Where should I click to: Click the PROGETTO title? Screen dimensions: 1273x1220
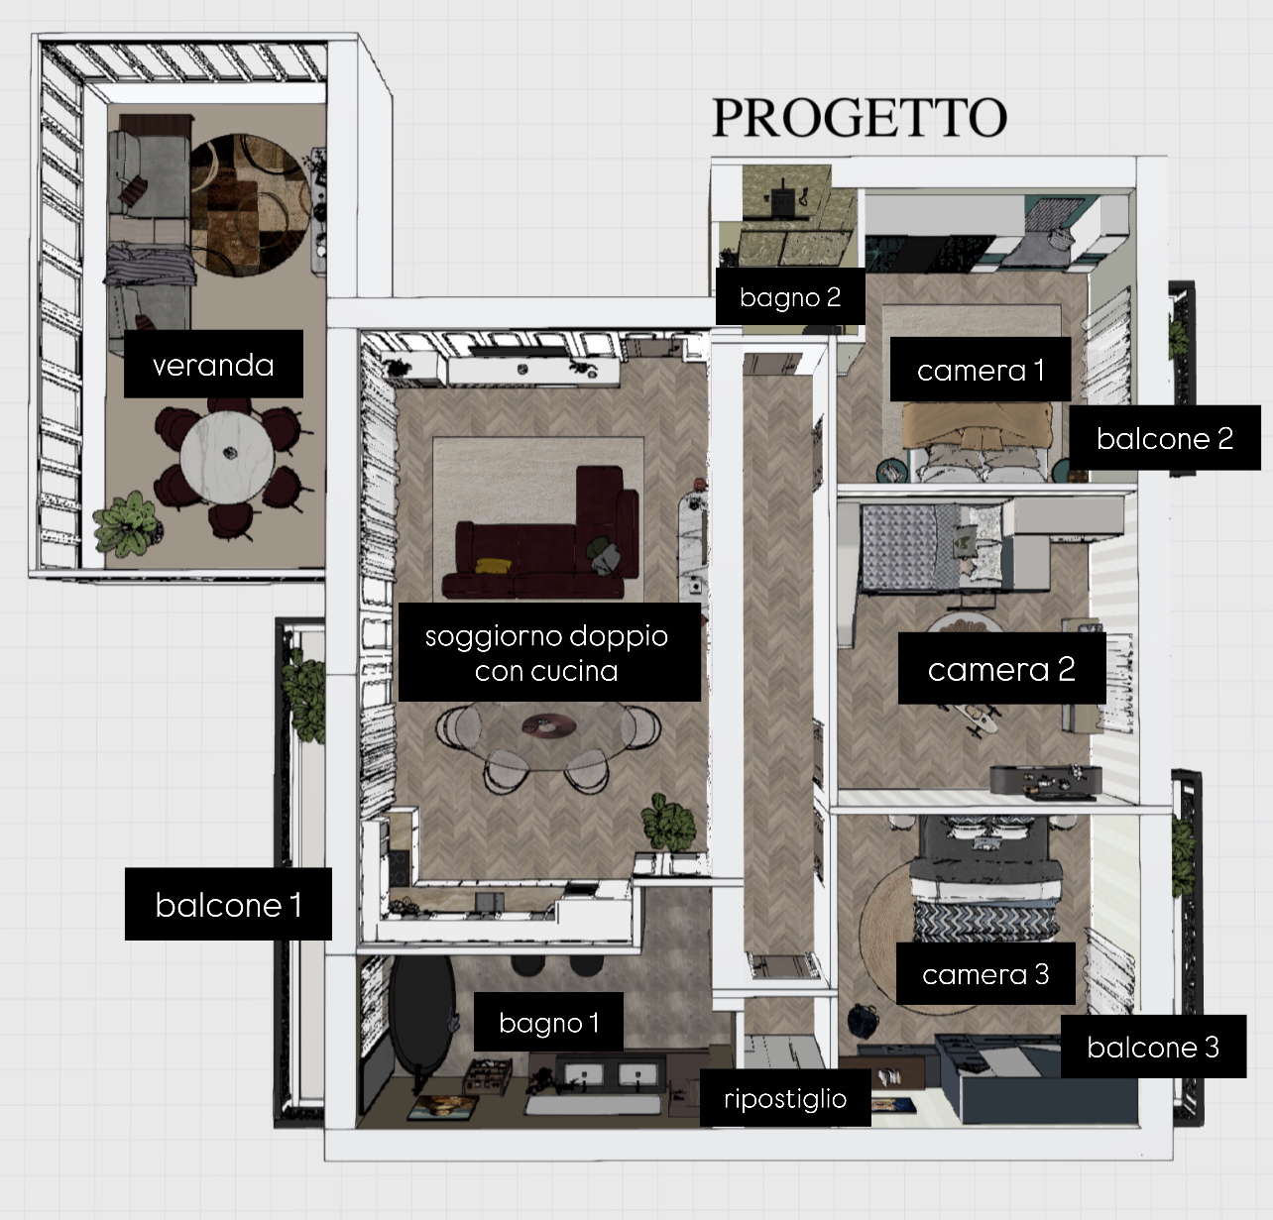(859, 118)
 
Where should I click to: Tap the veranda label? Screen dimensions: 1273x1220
(213, 364)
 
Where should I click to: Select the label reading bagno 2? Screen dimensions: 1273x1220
(790, 297)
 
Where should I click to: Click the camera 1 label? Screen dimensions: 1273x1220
(980, 370)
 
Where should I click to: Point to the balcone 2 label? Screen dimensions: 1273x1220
(1165, 438)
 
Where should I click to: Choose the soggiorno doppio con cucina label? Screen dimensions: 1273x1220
(549, 652)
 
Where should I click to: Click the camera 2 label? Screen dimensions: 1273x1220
(1001, 669)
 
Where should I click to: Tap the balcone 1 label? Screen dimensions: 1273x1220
(228, 904)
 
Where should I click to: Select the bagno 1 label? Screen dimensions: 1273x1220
(548, 1023)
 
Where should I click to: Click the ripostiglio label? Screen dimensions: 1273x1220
(785, 1098)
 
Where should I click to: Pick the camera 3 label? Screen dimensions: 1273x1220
(985, 973)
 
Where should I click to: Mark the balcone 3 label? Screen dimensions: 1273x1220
(1153, 1047)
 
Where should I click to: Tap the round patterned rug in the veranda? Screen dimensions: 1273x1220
(249, 205)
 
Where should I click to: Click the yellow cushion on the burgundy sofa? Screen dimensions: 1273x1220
(493, 566)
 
